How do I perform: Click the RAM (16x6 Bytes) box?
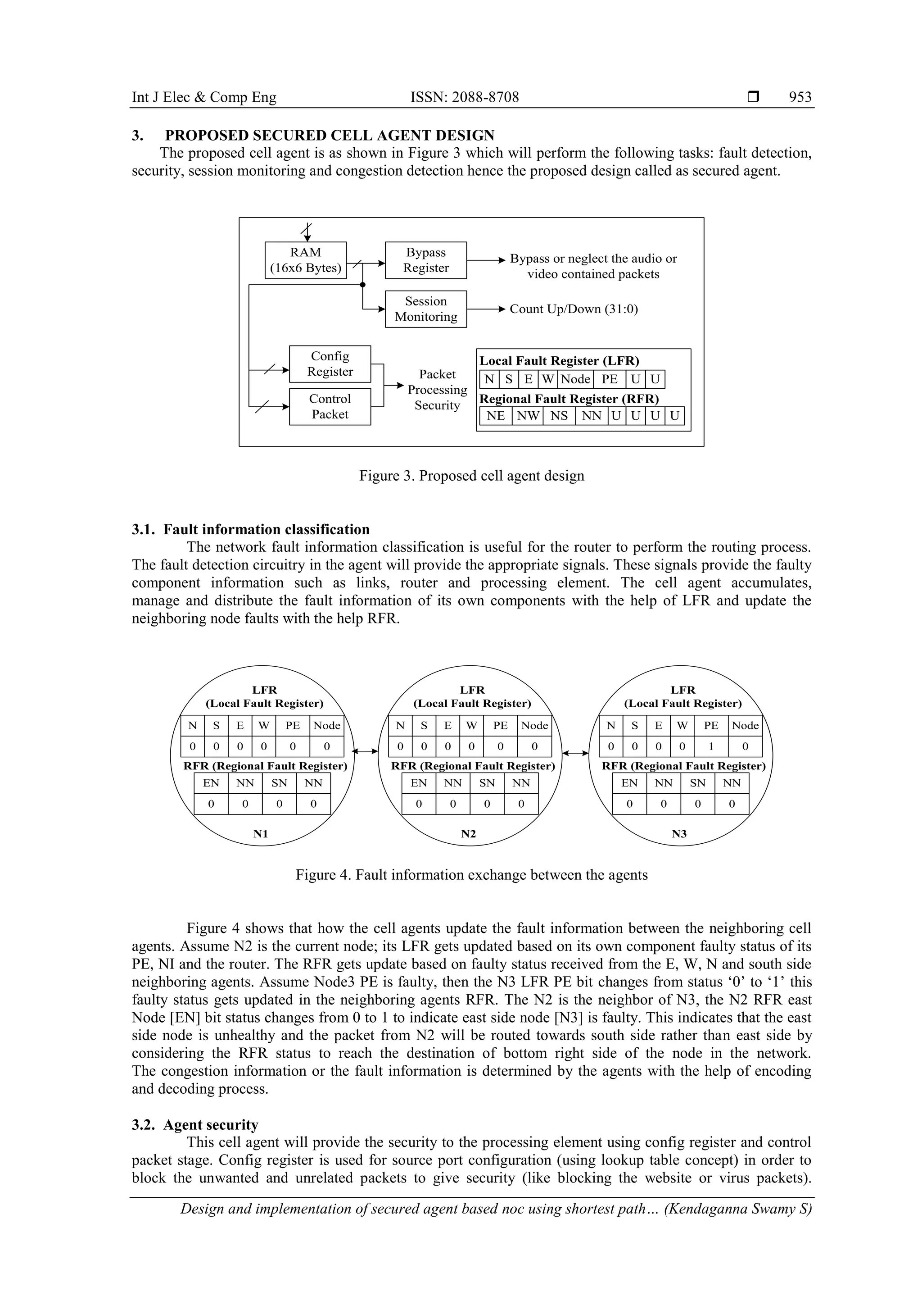306,260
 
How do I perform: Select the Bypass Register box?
425,260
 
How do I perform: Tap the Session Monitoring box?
425,309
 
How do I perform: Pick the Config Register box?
330,364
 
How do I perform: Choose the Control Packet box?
330,406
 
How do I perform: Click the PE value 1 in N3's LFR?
711,746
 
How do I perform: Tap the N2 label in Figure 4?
468,834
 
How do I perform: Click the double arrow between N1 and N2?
365,751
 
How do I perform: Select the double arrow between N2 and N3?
575,754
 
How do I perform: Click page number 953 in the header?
800,97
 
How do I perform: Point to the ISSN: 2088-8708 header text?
464,97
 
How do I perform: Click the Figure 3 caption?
471,476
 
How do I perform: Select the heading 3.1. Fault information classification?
250,530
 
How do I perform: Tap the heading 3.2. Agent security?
195,1125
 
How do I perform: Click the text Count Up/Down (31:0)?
574,309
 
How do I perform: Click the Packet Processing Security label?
437,390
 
